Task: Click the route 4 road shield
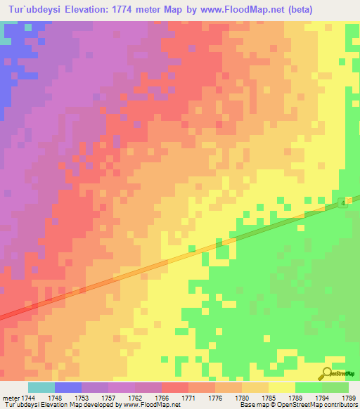[342, 202]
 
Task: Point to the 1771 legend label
[189, 398]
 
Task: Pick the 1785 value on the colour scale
[268, 398]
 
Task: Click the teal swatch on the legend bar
[41, 387]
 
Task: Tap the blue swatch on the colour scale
[68, 387]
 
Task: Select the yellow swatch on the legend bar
[282, 387]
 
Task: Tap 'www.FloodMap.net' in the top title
[236, 8]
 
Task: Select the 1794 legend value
[321, 398]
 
